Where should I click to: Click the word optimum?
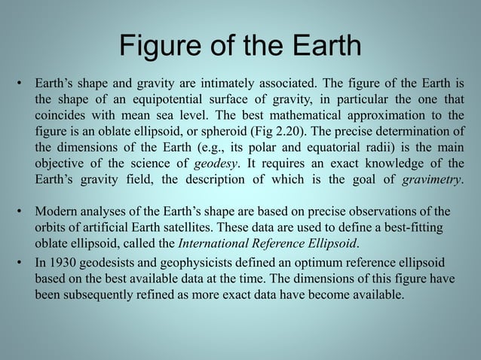coord(300,262)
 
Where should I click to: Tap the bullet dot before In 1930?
coord(21,262)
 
